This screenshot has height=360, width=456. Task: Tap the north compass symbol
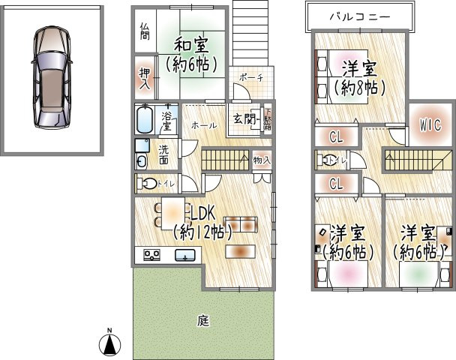[x=109, y=343]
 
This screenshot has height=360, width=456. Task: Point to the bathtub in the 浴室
[x=146, y=118]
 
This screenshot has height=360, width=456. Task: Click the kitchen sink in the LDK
[x=183, y=256]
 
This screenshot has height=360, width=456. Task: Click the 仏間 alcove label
[x=144, y=31]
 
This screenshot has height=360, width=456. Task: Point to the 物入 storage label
[x=261, y=159]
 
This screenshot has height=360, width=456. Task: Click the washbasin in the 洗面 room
[x=141, y=160]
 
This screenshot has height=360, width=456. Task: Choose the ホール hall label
[x=200, y=125]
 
